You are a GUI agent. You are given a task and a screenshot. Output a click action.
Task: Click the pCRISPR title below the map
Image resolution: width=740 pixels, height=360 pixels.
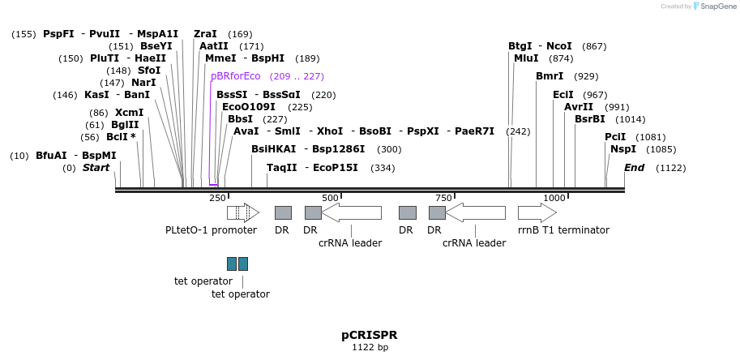point(369,335)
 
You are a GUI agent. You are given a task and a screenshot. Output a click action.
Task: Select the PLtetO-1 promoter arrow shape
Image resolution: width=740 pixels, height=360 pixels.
point(242,212)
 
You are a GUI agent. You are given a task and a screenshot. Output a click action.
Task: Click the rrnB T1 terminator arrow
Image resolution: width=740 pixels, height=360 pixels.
point(537,212)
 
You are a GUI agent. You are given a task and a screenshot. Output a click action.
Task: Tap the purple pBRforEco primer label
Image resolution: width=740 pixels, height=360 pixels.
point(235,76)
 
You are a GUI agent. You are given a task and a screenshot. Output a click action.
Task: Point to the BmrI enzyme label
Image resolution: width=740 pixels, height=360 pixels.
point(550,76)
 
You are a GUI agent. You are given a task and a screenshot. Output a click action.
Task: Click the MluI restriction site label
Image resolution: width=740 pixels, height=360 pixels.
point(526,58)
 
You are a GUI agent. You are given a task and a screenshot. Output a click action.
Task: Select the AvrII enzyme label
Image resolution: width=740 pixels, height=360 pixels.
point(579,107)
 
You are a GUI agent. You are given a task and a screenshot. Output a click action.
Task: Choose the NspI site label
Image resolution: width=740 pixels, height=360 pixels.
point(623,149)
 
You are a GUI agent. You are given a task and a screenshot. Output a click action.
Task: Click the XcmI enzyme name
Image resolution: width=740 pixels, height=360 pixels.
point(129,113)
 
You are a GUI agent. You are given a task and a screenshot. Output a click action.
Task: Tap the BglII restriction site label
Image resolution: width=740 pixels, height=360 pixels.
point(125,125)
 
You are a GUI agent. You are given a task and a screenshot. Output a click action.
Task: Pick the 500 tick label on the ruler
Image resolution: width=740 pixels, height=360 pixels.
point(330,198)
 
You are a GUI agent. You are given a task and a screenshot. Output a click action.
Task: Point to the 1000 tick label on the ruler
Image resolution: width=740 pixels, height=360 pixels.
point(554,198)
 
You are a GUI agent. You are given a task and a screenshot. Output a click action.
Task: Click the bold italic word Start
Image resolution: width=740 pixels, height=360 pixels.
point(96,168)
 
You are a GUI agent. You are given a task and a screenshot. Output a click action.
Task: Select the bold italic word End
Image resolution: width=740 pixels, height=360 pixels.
point(634,168)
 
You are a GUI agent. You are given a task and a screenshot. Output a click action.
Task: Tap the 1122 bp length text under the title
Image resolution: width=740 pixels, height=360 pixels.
point(370,348)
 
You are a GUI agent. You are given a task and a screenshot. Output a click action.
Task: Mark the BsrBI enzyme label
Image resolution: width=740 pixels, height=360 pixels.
point(589,119)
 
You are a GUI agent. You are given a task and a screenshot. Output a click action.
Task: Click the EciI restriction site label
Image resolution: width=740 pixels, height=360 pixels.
point(563,95)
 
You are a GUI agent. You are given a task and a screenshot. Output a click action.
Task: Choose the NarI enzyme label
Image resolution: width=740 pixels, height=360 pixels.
point(143,83)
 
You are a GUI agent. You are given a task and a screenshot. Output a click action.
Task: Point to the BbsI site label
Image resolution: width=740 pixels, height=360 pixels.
point(241,119)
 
